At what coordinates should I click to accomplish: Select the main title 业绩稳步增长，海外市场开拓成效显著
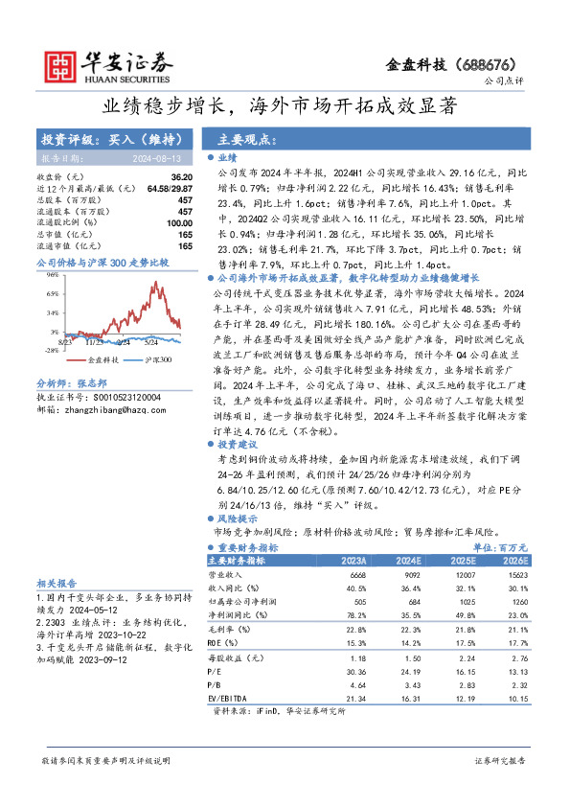point(285,104)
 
